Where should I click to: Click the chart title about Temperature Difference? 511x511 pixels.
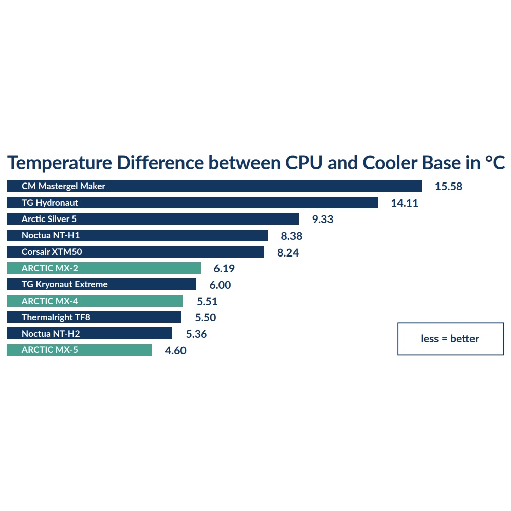click(x=256, y=163)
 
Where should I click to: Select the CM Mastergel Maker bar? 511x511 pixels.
click(x=214, y=186)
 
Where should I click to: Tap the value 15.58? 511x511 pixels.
click(x=449, y=187)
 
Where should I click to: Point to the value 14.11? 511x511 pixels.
click(x=405, y=203)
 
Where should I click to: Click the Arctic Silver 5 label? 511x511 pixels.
click(x=49, y=219)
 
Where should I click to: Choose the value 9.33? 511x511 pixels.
click(x=322, y=220)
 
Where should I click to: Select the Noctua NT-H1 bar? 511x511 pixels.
click(x=137, y=235)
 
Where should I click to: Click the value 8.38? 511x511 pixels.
click(x=291, y=236)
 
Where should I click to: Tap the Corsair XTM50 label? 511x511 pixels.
click(x=52, y=252)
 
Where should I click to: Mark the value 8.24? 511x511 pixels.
click(x=288, y=252)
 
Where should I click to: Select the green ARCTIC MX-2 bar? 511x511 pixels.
click(x=103, y=268)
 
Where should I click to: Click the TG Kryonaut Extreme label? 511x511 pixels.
click(x=65, y=284)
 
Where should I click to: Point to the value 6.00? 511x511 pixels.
click(x=220, y=285)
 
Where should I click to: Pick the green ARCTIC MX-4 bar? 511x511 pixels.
click(x=94, y=301)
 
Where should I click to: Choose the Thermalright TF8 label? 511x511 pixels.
click(x=56, y=317)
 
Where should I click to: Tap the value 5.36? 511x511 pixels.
click(x=196, y=334)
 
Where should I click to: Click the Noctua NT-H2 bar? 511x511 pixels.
click(x=89, y=334)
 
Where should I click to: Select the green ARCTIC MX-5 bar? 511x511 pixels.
click(x=79, y=350)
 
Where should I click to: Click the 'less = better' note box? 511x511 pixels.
click(x=450, y=339)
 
